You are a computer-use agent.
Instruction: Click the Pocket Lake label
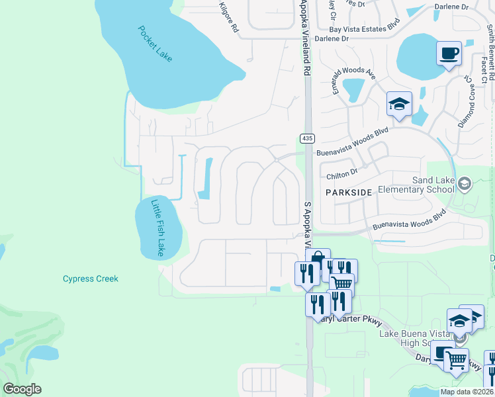click(156, 44)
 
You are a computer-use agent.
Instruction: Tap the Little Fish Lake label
click(157, 228)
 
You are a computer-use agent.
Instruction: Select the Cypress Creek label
click(91, 279)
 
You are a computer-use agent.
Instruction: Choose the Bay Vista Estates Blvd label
click(366, 28)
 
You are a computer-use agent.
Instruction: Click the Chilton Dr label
click(342, 175)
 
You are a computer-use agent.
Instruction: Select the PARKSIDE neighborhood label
click(349, 192)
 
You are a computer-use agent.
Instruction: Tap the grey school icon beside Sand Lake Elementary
click(465, 183)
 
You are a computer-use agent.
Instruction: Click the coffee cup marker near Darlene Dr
click(449, 52)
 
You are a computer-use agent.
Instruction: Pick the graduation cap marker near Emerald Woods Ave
click(399, 104)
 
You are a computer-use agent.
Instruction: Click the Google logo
click(21, 389)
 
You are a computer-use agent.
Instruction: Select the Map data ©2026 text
click(466, 392)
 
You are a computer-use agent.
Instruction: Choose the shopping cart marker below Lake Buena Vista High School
click(456, 361)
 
